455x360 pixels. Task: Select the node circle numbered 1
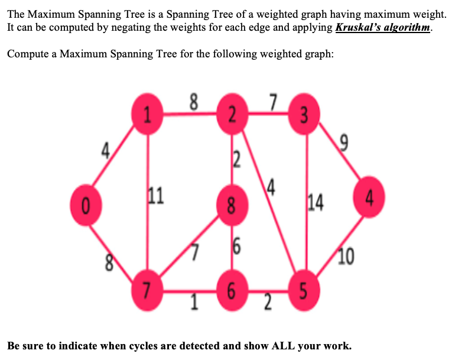click(147, 114)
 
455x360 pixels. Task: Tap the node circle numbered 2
click(231, 114)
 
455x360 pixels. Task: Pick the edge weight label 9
click(345, 142)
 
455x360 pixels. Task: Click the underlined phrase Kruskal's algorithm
click(383, 28)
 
